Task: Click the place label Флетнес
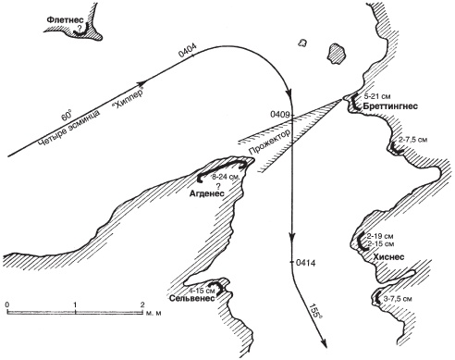pos(65,19)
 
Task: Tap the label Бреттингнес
pos(390,106)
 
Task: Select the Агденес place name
pos(206,193)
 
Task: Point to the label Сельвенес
pos(191,299)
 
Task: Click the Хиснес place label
pos(388,257)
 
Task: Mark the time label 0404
pos(188,50)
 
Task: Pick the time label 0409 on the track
pos(280,115)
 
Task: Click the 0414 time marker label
pos(306,263)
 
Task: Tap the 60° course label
pos(66,116)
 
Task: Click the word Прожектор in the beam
pos(270,143)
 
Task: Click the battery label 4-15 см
pos(202,291)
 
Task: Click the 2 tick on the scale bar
pos(142,304)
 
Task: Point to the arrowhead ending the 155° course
pos(323,344)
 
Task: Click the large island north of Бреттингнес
pos(338,54)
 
